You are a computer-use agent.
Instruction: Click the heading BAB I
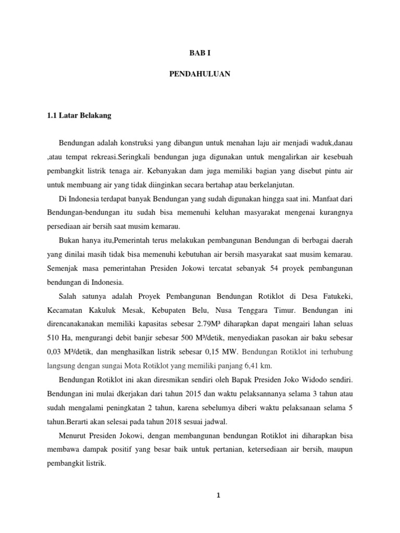coord(200,53)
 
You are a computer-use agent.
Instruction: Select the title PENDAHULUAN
coord(200,74)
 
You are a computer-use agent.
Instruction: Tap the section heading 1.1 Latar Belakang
coord(79,116)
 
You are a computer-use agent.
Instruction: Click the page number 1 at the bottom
coord(219,495)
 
